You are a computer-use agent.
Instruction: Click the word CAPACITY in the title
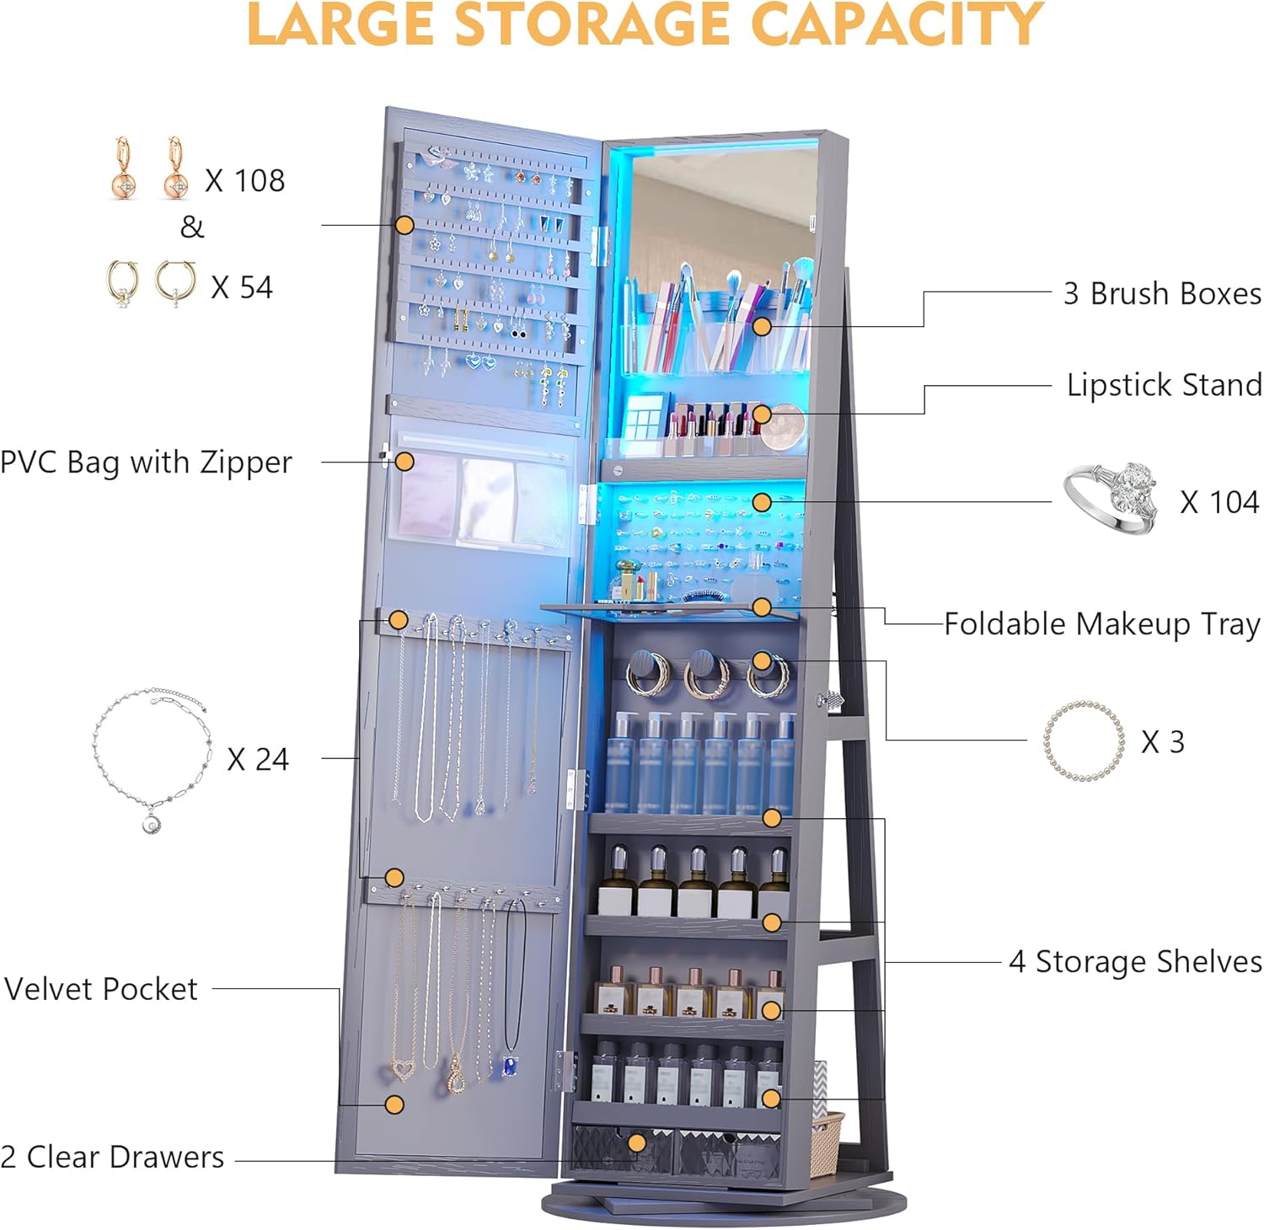pyautogui.click(x=897, y=24)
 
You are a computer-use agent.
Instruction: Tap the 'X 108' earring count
pyautogui.click(x=245, y=180)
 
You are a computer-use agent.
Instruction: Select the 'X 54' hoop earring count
pyautogui.click(x=242, y=287)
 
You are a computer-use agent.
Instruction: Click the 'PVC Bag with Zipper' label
pyautogui.click(x=146, y=463)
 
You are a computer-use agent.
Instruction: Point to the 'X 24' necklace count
pyautogui.click(x=258, y=759)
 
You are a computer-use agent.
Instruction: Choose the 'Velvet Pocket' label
pyautogui.click(x=101, y=989)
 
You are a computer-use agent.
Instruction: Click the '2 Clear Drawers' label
pyautogui.click(x=113, y=1157)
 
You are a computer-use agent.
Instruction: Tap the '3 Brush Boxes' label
pyautogui.click(x=1162, y=293)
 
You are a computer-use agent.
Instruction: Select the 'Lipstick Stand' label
pyautogui.click(x=1164, y=385)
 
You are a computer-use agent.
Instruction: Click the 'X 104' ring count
pyautogui.click(x=1219, y=502)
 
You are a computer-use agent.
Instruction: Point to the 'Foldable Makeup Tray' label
pyautogui.click(x=1102, y=624)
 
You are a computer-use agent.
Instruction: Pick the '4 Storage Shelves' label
pyautogui.click(x=1135, y=961)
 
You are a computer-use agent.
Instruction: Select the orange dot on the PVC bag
pyautogui.click(x=404, y=462)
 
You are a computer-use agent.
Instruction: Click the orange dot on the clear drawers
pyautogui.click(x=637, y=1143)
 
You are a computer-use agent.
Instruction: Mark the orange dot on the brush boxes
pyautogui.click(x=762, y=326)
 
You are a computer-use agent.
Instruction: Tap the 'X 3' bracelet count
pyautogui.click(x=1163, y=741)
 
